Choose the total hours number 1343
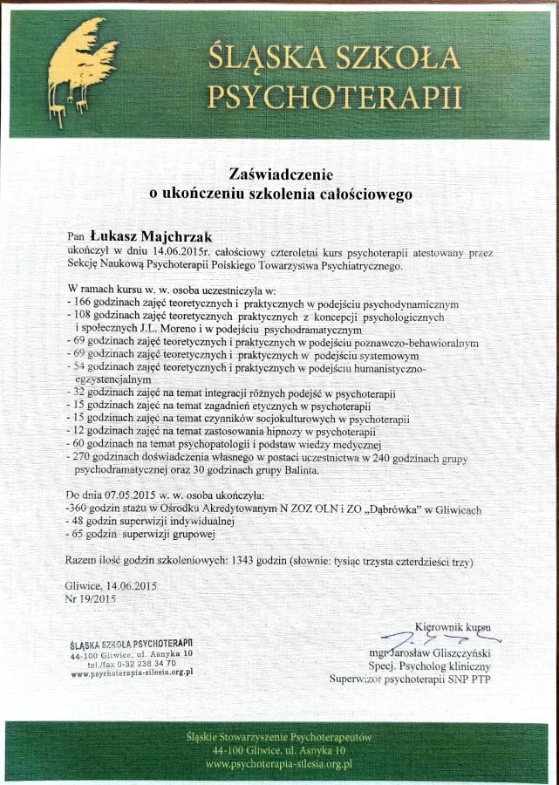(238, 562)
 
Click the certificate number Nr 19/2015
(91, 598)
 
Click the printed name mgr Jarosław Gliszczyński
(431, 652)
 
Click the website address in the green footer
(278, 763)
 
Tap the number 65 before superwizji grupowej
(78, 534)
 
